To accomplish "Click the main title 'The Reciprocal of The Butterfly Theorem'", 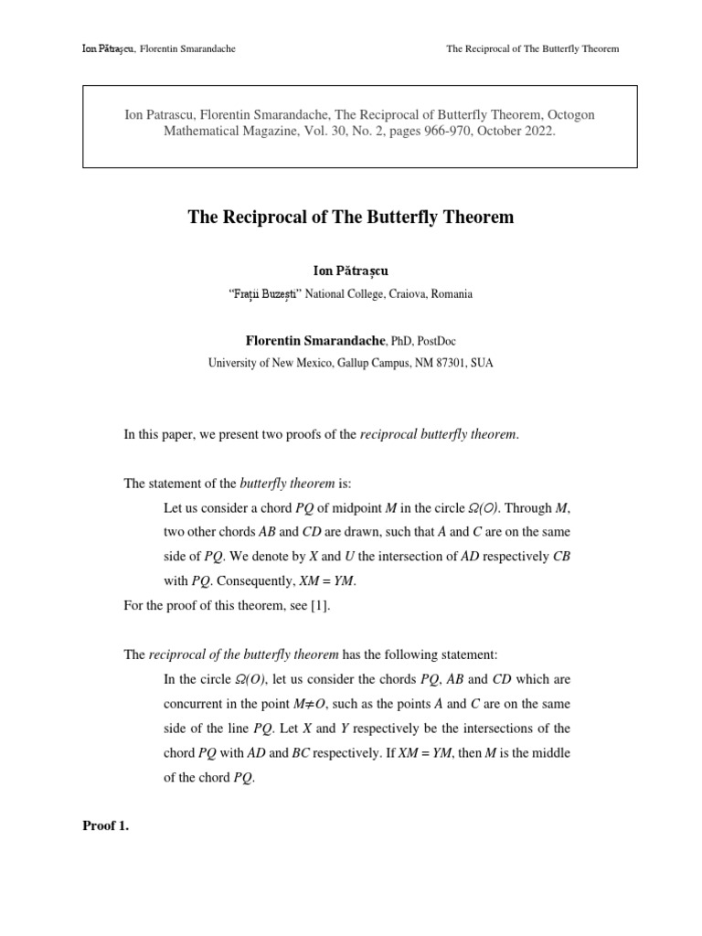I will pyautogui.click(x=351, y=217).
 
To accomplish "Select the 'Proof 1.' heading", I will pyautogui.click(x=106, y=826).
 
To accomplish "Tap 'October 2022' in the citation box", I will pyautogui.click(x=516, y=131).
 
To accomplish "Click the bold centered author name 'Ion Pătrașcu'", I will pyautogui.click(x=351, y=271).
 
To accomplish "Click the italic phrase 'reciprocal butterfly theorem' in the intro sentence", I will pyautogui.click(x=439, y=435).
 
